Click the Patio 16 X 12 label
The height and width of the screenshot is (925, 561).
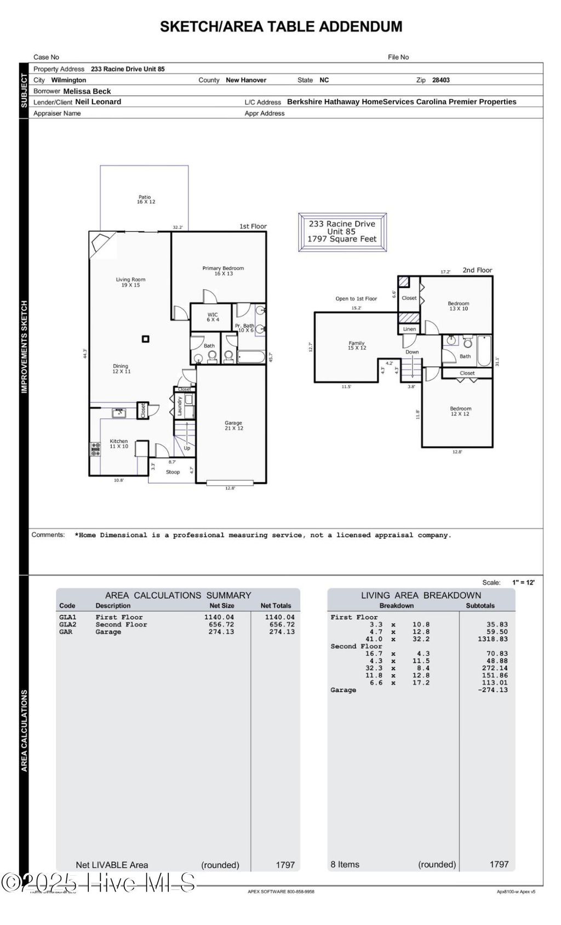click(145, 199)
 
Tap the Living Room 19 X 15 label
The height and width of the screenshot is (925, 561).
click(130, 282)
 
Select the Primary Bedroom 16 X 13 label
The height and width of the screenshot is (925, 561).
click(223, 271)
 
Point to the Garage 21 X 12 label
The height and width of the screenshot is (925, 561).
click(233, 425)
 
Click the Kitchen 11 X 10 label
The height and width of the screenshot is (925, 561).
click(118, 443)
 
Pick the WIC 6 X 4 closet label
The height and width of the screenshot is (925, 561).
click(213, 317)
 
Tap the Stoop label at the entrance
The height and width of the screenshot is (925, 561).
click(173, 472)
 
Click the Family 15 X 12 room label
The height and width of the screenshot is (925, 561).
click(357, 345)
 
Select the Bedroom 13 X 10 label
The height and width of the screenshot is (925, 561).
click(459, 306)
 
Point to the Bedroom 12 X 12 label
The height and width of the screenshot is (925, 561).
click(460, 411)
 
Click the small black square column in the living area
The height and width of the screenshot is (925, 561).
click(145, 339)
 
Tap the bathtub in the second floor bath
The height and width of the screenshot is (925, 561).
click(484, 351)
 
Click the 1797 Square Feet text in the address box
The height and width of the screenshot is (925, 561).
click(342, 239)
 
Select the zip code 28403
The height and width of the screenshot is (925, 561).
click(440, 80)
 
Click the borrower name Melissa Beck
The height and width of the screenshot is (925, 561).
click(87, 92)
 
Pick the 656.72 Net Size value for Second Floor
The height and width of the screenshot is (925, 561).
click(221, 624)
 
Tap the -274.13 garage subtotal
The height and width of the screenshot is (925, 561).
click(493, 690)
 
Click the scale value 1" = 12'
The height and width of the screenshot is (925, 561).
click(523, 583)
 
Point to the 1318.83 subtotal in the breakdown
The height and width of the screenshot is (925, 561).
click(493, 639)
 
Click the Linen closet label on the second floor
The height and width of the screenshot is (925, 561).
click(409, 329)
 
